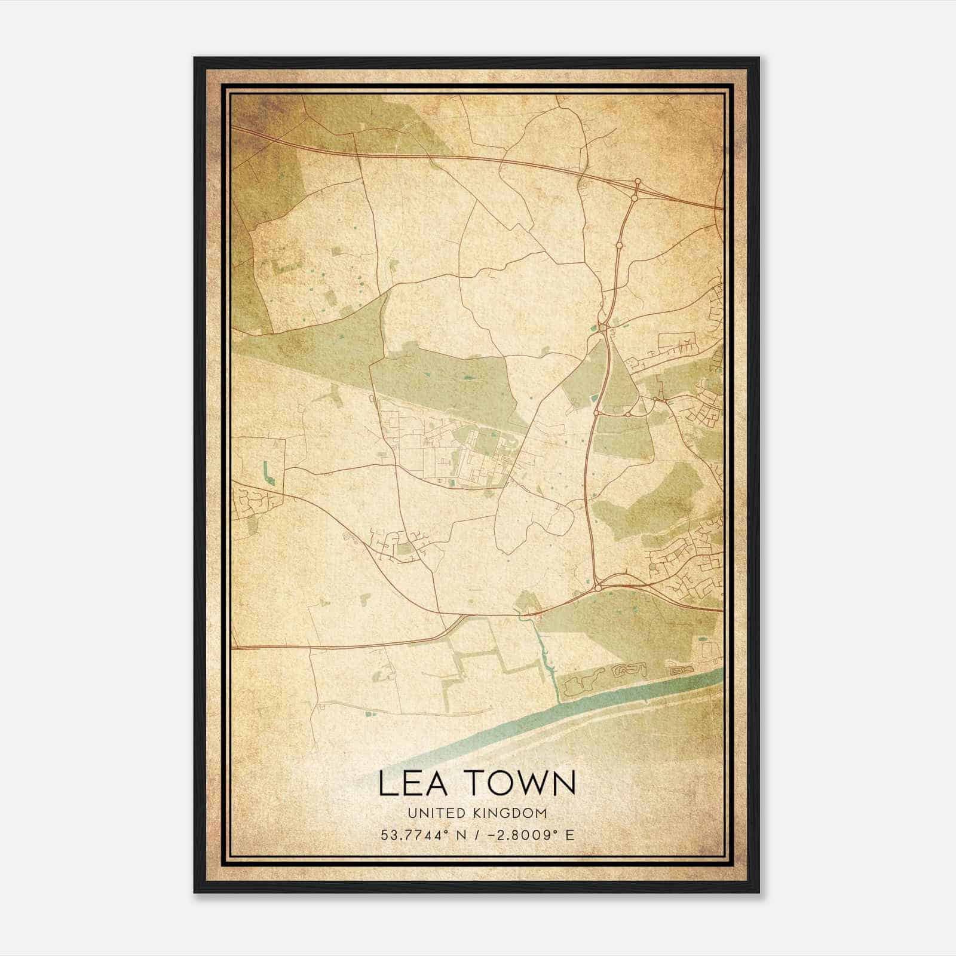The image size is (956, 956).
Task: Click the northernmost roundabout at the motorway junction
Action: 638,180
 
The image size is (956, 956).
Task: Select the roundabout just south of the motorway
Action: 635,198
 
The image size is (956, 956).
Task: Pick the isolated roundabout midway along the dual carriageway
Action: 619,244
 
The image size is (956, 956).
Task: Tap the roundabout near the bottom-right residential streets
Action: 597,589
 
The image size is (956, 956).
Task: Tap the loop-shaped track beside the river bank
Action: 630,669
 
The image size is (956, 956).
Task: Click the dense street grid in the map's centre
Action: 454,454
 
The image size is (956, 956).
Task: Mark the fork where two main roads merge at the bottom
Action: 463,616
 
